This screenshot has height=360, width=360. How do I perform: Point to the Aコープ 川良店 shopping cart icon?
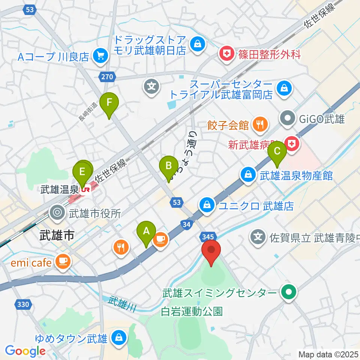(x=101, y=56)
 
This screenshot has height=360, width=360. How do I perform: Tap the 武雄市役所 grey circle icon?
(x=57, y=213)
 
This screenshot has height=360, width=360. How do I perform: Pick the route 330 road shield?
(x=23, y=304)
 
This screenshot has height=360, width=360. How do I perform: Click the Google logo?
(x=25, y=351)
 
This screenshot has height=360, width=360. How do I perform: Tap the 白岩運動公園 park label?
(x=192, y=311)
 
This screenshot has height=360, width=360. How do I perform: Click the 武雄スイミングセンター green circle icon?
(x=289, y=292)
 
